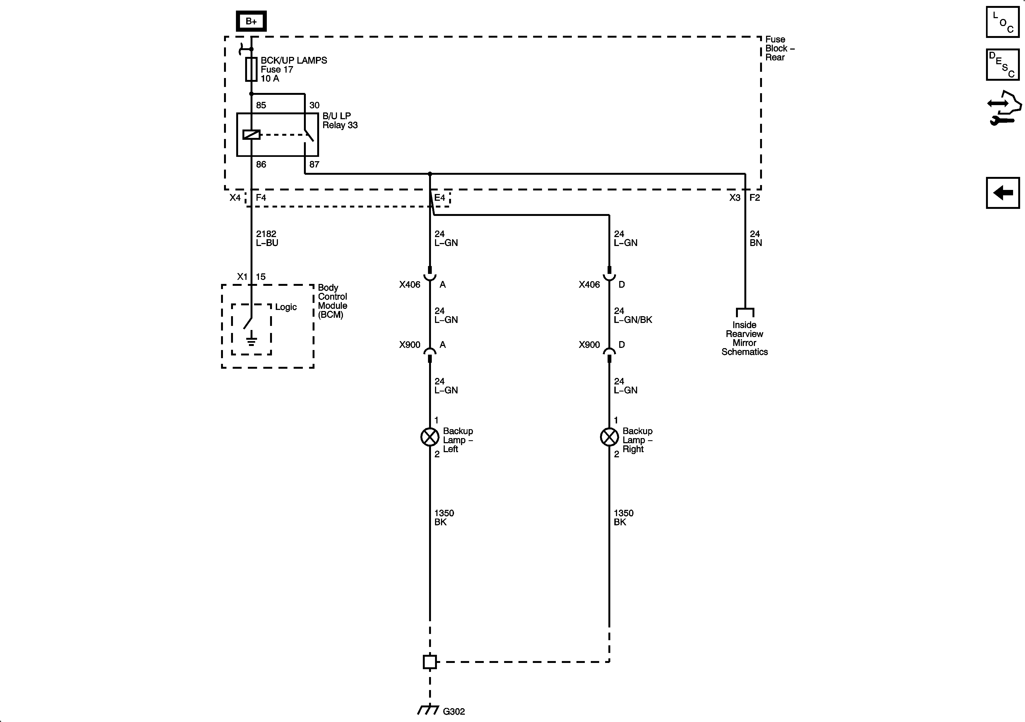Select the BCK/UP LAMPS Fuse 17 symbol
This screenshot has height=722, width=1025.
point(251,69)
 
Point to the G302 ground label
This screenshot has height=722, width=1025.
point(453,711)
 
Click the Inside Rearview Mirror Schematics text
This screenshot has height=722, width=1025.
point(744,338)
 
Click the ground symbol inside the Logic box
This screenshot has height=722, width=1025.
point(251,339)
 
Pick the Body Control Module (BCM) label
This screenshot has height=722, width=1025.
point(332,301)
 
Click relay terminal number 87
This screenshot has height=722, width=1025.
point(314,164)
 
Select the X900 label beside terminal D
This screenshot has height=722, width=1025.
point(589,345)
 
